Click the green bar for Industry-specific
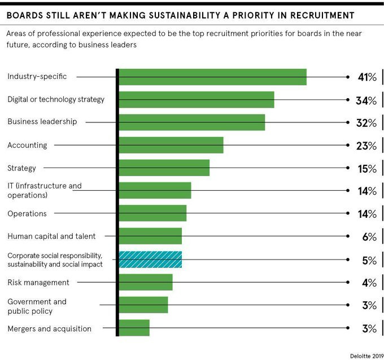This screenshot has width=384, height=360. pyautogui.click(x=212, y=77)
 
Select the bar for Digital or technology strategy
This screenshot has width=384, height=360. pyautogui.click(x=196, y=100)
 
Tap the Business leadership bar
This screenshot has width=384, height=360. pyautogui.click(x=191, y=122)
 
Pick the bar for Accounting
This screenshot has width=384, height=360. pyautogui.click(x=171, y=145)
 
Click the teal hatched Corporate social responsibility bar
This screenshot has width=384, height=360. pyautogui.click(x=150, y=260)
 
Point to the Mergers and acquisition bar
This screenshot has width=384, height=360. pyautogui.click(x=134, y=328)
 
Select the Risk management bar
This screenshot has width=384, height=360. pyautogui.click(x=145, y=282)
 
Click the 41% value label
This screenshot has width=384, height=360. pyautogui.click(x=367, y=77)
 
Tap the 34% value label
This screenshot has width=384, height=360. pyautogui.click(x=367, y=100)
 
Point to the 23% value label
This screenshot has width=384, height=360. pyautogui.click(x=367, y=146)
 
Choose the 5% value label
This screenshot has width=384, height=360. pyautogui.click(x=369, y=260)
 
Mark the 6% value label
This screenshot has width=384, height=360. pyautogui.click(x=369, y=237)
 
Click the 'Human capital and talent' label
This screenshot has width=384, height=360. pyautogui.click(x=51, y=236)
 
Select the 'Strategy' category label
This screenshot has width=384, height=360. pyautogui.click(x=21, y=168)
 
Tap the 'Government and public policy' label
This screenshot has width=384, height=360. pyautogui.click(x=37, y=306)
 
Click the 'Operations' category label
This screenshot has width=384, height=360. pyautogui.click(x=27, y=214)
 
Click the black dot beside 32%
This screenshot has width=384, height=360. pyautogui.click(x=348, y=122)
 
